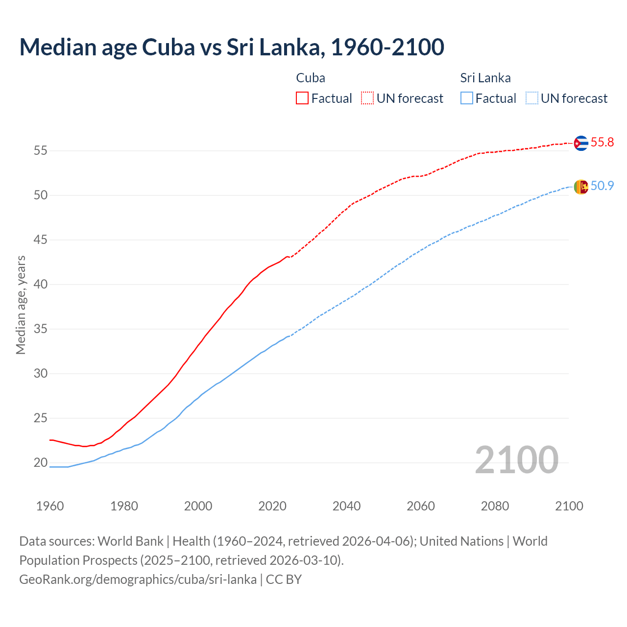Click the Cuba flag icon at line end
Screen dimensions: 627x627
[581, 143]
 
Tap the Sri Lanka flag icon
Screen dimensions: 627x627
[581, 187]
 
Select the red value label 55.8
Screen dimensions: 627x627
[602, 143]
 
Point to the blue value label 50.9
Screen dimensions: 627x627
[602, 186]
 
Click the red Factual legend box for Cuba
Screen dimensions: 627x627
[302, 98]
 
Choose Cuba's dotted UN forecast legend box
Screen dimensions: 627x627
[367, 98]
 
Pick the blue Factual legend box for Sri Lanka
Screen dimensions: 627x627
[467, 98]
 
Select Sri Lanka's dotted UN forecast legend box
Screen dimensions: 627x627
[532, 98]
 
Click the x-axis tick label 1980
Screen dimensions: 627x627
[124, 506]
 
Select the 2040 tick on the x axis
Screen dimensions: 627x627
[346, 506]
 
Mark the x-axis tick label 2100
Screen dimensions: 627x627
[569, 506]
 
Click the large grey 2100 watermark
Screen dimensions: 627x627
[516, 460]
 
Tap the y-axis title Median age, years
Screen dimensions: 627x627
[21, 305]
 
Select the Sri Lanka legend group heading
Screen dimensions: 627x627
[485, 78]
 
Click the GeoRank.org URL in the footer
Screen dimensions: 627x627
[138, 579]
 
